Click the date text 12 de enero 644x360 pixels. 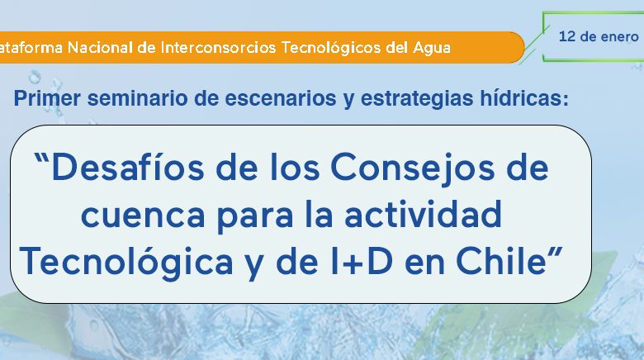599,36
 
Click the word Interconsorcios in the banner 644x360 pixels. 218,47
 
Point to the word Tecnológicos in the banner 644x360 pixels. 331,48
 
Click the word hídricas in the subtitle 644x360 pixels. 522,98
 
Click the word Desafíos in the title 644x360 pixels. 128,168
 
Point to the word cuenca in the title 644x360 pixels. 143,216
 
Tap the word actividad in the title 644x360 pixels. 424,214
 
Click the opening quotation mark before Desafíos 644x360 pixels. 42,159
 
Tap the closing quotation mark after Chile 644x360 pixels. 555,252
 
